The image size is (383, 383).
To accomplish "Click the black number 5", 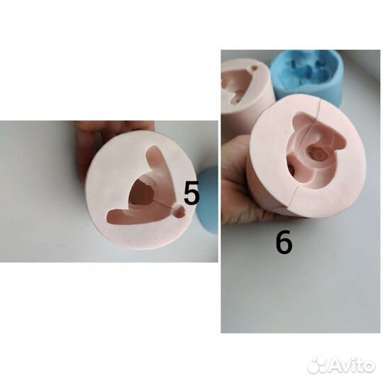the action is (191, 193).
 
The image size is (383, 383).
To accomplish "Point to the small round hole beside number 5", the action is (179, 211).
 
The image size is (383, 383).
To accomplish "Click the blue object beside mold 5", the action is (208, 200).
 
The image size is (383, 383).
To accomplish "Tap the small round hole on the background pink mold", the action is (255, 68).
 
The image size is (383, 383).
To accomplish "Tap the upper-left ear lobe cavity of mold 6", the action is (300, 122).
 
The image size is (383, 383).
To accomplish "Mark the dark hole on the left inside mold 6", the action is (292, 168).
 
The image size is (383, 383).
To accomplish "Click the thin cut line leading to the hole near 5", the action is (164, 204).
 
